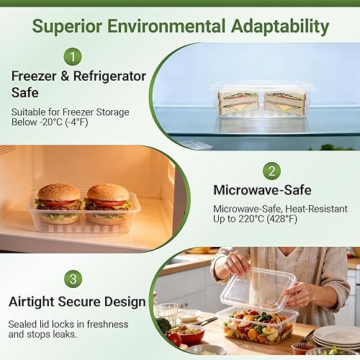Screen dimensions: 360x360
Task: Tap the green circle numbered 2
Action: (x=271, y=171)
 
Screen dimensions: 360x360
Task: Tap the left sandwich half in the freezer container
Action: (x=238, y=102)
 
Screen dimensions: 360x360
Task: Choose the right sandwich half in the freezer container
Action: (x=284, y=102)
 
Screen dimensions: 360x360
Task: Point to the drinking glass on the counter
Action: (x=167, y=314)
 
